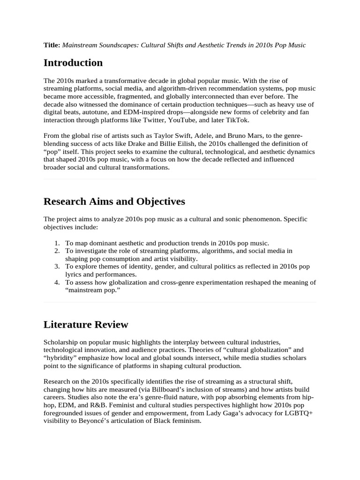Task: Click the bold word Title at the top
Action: pos(52,45)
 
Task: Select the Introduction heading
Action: pos(73,63)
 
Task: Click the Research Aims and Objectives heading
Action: pos(114,202)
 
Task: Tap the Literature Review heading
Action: pos(85,324)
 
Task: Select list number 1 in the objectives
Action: pos(57,243)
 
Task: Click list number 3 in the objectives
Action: pos(57,266)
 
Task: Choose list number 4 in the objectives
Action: pos(57,282)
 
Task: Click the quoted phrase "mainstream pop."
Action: pos(90,290)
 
